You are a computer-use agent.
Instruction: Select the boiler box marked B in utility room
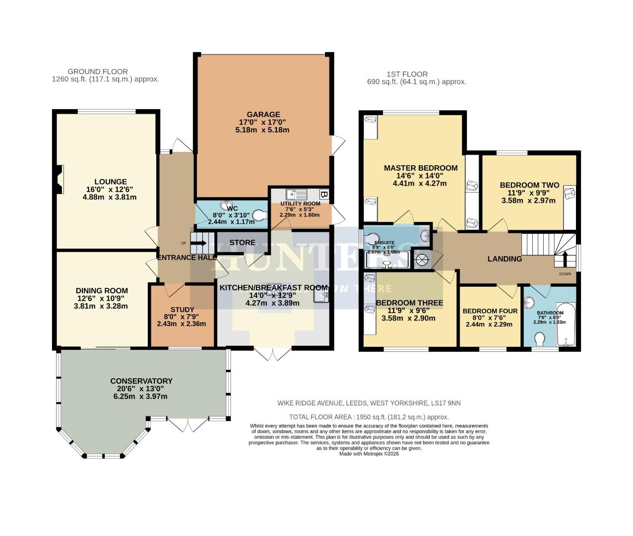click(x=324, y=194)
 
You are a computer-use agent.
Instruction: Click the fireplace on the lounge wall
click(x=60, y=179)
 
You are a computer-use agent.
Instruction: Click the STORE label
click(x=242, y=243)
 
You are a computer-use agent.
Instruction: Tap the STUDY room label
click(x=182, y=310)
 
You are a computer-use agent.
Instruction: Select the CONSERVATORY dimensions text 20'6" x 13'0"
click(x=141, y=389)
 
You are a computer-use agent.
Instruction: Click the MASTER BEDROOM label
click(x=420, y=168)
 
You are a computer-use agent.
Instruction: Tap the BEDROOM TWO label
click(x=529, y=185)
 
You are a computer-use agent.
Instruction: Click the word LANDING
click(x=505, y=259)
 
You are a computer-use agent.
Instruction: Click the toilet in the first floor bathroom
click(x=540, y=339)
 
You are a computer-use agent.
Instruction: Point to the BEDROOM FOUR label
click(x=490, y=311)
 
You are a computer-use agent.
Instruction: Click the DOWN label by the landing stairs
click(x=565, y=273)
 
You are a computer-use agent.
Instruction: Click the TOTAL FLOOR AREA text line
click(x=369, y=417)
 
